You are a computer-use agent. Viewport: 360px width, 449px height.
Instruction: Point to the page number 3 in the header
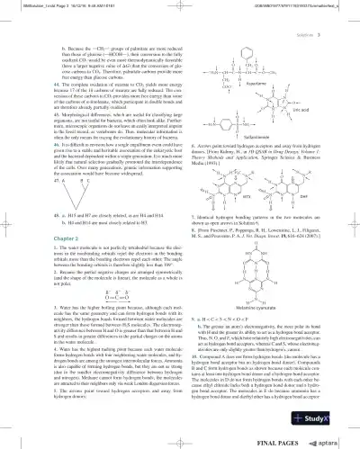pyautogui.click(x=348, y=17)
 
